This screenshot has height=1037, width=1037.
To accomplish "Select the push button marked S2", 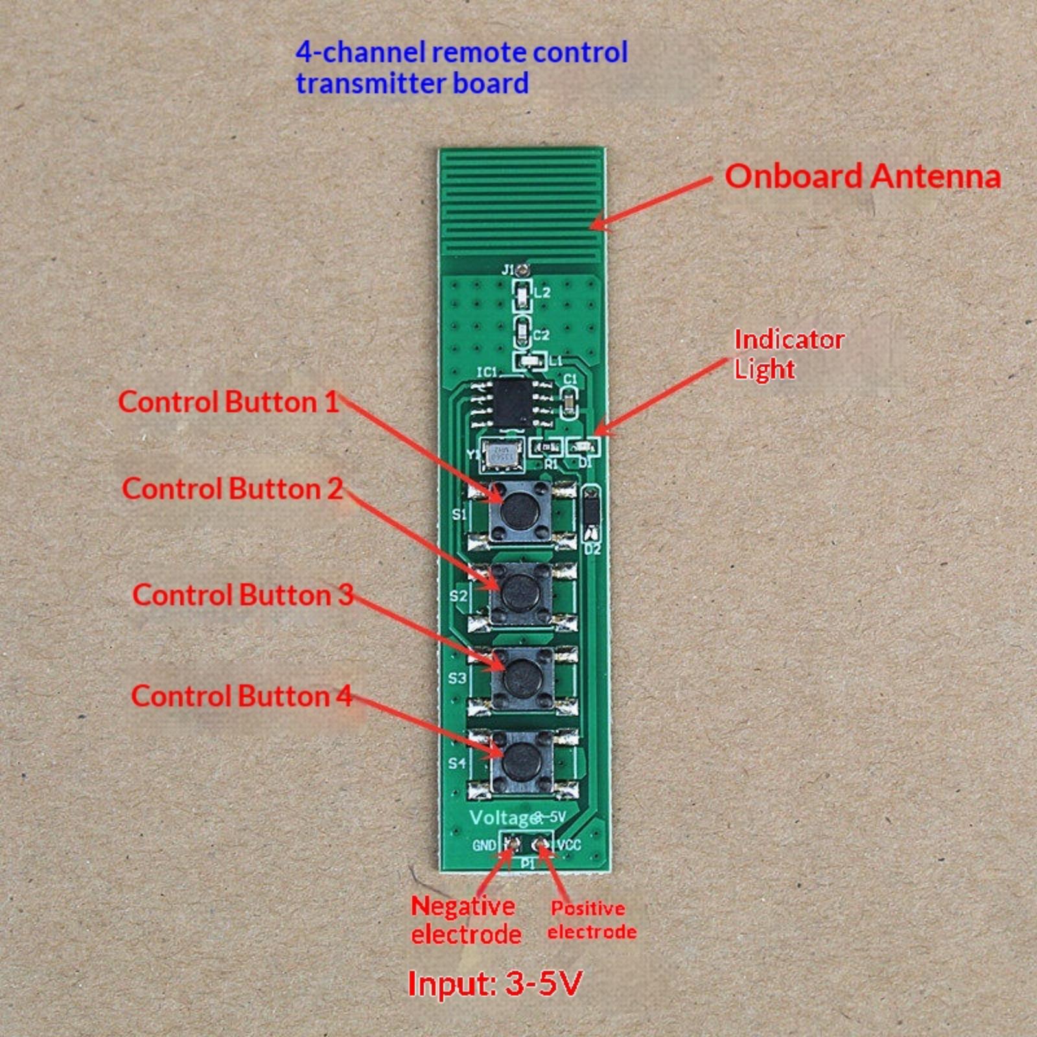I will pos(521,592).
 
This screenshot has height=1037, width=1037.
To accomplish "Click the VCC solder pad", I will pos(541,843).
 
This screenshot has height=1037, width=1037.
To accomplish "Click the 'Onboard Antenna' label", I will pos(863,176).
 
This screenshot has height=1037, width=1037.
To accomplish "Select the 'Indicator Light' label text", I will pos(789,354).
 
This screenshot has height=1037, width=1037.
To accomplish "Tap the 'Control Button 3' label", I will pos(243,595).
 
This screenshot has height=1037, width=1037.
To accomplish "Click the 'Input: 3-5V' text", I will pos(495,983).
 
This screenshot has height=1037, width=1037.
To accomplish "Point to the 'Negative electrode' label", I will pos(465,920).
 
